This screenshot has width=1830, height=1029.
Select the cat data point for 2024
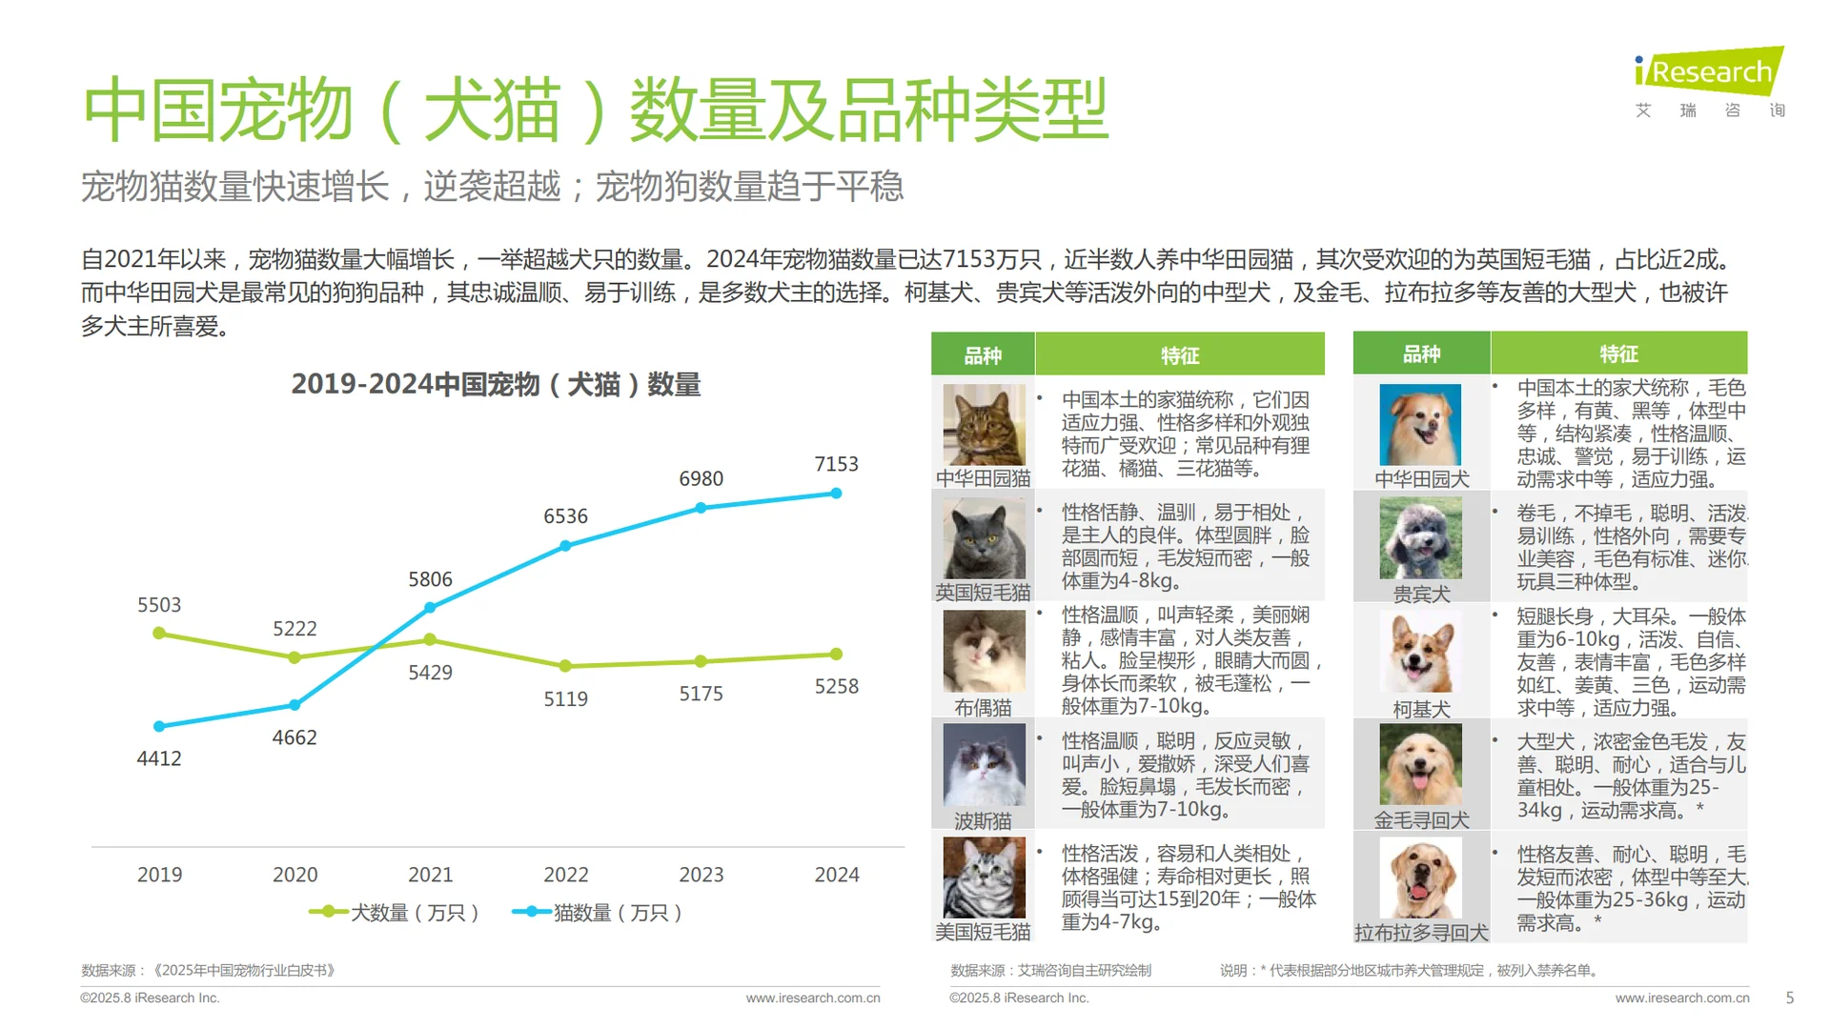836,494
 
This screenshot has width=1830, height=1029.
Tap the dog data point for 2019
159,634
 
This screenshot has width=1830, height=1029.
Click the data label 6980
701,479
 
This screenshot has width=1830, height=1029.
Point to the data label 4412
159,759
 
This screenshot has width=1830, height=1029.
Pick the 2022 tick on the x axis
566,875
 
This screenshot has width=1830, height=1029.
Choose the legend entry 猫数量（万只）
598,913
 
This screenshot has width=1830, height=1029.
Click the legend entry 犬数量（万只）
395,913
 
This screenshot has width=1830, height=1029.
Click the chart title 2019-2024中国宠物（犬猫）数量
496,385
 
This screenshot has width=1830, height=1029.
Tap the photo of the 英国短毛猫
984,538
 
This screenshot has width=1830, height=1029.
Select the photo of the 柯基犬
1420,654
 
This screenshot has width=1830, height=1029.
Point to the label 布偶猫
983,708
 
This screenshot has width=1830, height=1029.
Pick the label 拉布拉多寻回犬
1421,933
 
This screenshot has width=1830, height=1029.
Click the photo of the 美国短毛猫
984,878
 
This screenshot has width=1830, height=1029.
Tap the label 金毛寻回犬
1421,820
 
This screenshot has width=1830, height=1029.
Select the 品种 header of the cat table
983,355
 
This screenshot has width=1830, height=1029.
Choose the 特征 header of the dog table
1618,354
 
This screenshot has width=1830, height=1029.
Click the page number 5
1789,998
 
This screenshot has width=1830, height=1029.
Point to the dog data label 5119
565,699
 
